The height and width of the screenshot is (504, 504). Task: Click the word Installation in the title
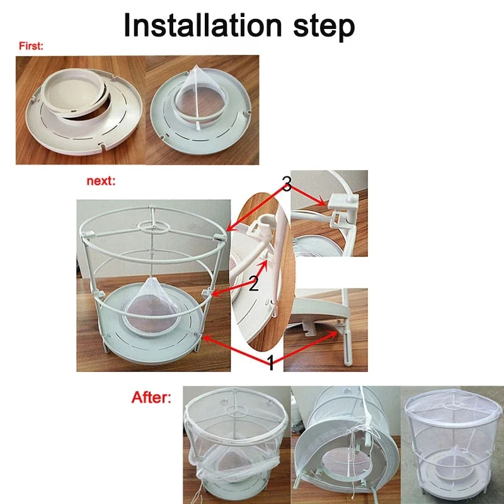click(203, 26)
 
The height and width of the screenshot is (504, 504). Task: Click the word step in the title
click(324, 27)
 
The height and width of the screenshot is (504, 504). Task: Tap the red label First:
click(31, 46)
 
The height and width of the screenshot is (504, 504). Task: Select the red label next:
click(101, 181)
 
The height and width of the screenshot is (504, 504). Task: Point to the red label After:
click(151, 398)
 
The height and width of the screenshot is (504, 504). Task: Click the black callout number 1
click(272, 364)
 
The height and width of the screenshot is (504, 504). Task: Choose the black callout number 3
click(287, 184)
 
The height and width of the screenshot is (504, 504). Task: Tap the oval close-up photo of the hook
click(262, 272)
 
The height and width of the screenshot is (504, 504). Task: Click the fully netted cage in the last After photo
click(452, 444)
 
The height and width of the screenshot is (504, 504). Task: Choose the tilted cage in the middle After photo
click(345, 445)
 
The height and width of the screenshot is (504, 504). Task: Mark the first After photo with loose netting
click(237, 445)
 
